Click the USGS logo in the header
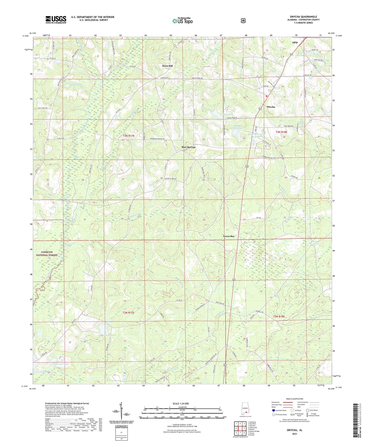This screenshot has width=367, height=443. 56,20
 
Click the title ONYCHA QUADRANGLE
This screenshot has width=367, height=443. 303,17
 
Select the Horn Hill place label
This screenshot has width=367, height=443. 167,66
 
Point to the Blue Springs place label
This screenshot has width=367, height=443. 188,147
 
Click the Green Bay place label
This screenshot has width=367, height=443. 229,236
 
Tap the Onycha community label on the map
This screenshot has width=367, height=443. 271,107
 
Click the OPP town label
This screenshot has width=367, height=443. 295,43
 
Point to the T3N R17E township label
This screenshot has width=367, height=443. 129,136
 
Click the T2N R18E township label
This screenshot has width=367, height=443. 279,317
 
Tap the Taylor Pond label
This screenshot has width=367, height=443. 76,84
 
